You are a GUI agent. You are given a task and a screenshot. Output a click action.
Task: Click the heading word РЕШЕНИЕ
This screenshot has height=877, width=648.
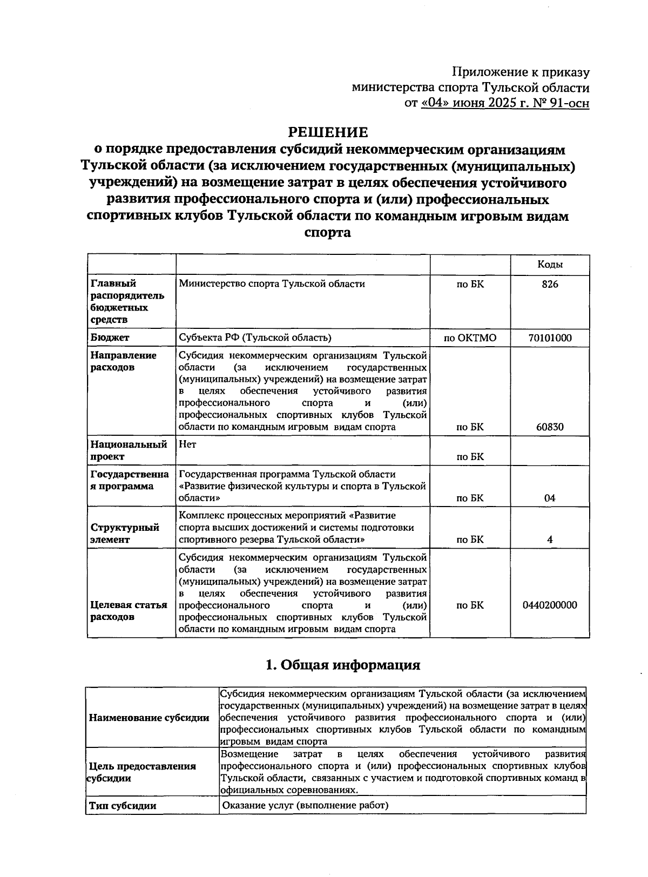[x=328, y=132]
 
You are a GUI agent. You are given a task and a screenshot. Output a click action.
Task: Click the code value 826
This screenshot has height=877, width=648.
[x=550, y=284]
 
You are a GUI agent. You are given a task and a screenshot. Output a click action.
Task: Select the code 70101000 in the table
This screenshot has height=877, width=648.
[x=550, y=338]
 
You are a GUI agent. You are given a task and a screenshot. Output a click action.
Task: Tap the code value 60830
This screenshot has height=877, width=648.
[x=550, y=427]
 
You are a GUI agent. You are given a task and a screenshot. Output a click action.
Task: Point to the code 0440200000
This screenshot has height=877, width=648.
[x=550, y=605]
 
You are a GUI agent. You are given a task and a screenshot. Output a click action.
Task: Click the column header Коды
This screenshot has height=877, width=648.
[x=550, y=264]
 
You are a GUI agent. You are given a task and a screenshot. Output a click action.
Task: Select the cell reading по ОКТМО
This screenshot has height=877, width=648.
[x=470, y=338]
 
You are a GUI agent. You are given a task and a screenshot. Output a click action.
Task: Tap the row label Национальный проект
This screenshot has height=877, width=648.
[x=129, y=450]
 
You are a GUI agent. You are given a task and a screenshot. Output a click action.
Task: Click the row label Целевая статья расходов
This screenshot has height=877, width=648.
[x=129, y=611]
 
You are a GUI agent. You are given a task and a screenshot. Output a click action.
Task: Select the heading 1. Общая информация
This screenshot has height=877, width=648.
[x=343, y=665]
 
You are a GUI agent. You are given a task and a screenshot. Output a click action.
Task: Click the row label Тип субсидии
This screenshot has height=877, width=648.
[x=123, y=806]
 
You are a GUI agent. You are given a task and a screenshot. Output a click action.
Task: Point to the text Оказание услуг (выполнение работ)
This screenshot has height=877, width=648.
[x=305, y=806]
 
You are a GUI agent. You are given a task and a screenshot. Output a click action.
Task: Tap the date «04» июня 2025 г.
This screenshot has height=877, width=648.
[x=475, y=103]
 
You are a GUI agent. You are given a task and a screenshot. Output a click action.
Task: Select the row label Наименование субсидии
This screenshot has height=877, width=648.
[x=149, y=718]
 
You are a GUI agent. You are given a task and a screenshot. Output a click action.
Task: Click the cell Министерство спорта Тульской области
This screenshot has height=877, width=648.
[x=272, y=284]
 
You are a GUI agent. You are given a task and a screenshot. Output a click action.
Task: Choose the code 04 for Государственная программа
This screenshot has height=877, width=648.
[x=550, y=498]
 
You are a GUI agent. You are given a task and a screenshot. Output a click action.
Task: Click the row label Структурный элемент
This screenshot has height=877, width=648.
[x=125, y=533]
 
